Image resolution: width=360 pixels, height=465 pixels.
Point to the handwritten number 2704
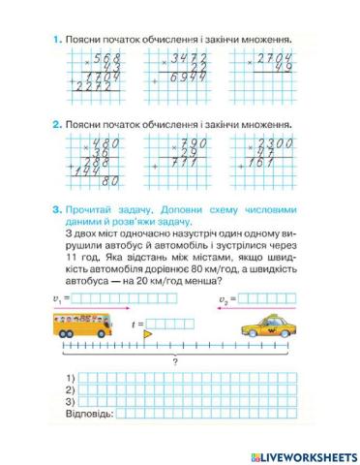click(x=273, y=60)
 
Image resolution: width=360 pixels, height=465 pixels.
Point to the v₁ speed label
click(x=57, y=299)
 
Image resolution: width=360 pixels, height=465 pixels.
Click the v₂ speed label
click(x=224, y=299)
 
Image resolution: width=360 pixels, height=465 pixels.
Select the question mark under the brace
click(x=175, y=361)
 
